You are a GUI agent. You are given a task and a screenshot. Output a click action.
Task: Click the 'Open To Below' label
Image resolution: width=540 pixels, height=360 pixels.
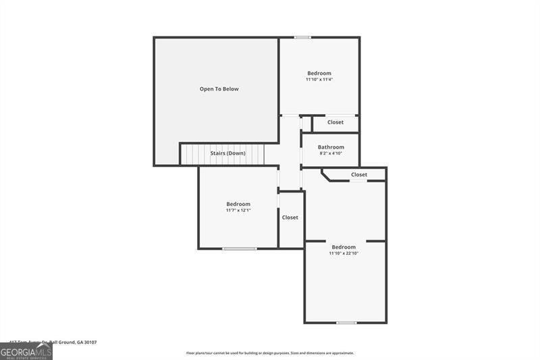pos(219,89)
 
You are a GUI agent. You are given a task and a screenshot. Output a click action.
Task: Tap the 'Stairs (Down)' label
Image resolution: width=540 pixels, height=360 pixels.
pos(227,153)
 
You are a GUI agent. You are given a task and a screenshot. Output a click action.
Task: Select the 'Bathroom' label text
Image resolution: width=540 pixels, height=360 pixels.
pos(331,147)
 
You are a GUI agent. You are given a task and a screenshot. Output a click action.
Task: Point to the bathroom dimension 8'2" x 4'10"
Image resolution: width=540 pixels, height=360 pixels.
pos(331,153)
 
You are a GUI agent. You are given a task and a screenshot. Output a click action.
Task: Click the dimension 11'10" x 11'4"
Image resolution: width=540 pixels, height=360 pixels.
pos(319,80)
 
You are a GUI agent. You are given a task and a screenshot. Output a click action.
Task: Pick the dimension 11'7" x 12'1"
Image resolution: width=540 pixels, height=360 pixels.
pos(238,210)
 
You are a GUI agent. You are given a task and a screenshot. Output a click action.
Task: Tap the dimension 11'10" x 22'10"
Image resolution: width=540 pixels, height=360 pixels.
pos(344,253)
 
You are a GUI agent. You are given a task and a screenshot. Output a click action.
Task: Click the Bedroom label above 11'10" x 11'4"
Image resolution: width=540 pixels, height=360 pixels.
pos(319,73)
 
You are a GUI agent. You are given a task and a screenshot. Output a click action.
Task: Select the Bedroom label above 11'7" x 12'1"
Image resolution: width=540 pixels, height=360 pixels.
pos(238,204)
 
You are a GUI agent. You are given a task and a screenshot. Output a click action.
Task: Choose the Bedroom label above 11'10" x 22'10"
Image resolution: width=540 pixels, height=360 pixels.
pos(344,247)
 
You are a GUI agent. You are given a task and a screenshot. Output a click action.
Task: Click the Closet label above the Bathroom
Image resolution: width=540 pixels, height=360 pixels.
pos(335,122)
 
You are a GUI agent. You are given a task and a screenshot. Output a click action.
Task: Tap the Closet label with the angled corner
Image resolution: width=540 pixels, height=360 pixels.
pos(359,174)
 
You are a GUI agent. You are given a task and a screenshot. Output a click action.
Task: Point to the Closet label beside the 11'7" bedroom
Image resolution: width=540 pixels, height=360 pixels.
pos(290,217)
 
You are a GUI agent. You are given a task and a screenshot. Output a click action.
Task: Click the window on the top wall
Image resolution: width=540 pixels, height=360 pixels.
pos(302,37)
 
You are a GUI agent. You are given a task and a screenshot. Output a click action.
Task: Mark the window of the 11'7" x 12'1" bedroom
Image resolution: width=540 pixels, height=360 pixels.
pos(240,249)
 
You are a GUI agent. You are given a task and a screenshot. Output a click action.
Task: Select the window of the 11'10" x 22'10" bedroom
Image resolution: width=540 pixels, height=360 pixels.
pos(346,322)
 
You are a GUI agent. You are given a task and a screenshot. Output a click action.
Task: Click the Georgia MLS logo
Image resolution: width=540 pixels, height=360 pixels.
pos(26,351)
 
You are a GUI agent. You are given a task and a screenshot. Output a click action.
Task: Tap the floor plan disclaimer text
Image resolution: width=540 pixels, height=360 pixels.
pos(270,353)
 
